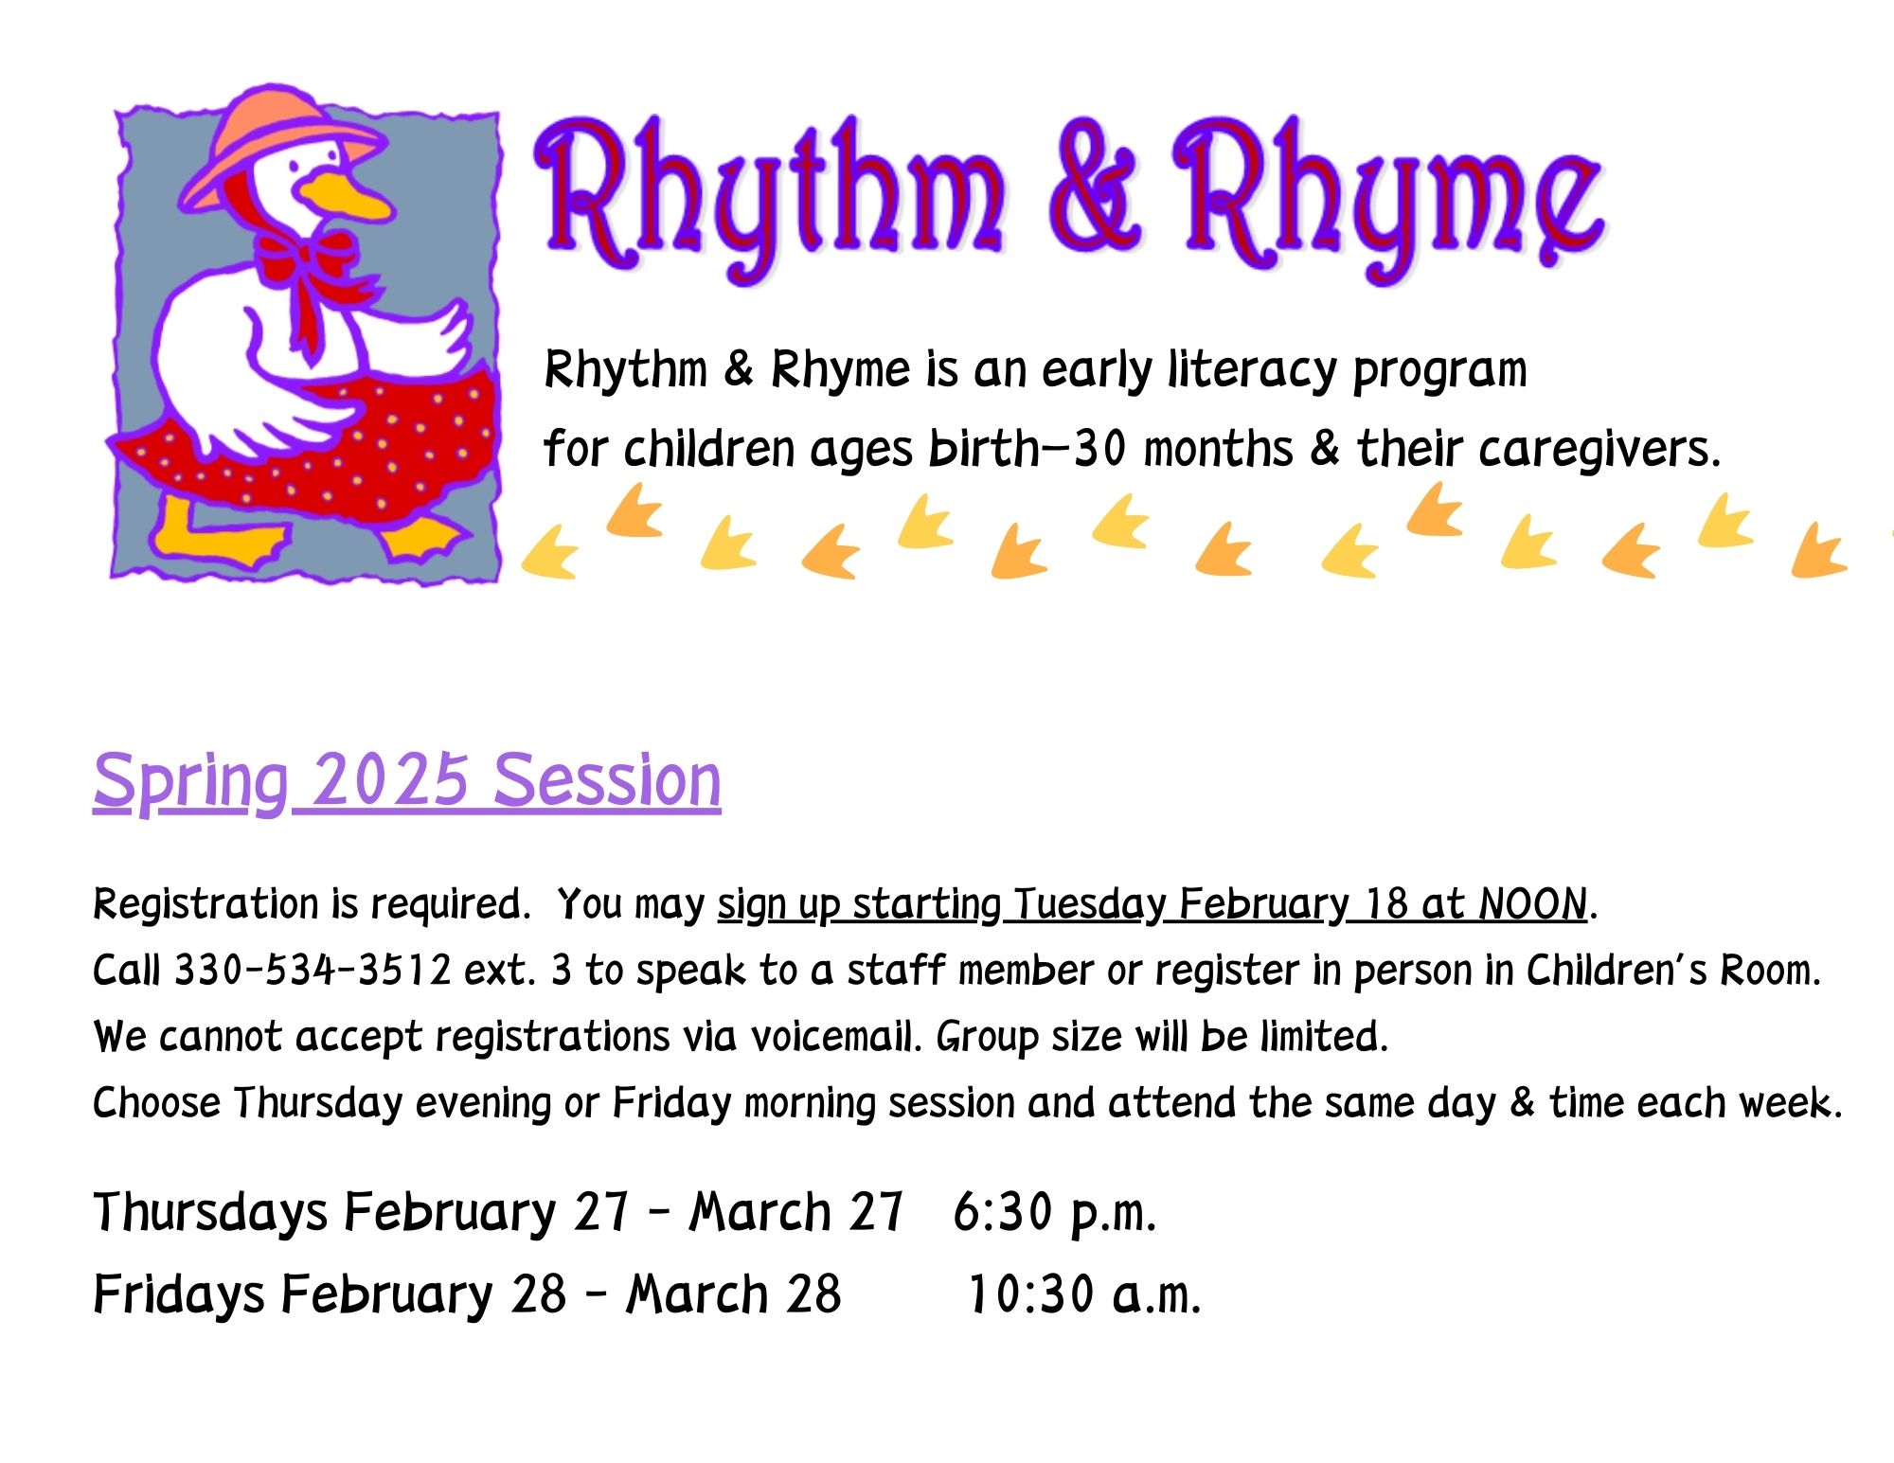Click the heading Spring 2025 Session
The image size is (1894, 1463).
(x=407, y=782)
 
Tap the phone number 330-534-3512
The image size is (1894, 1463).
(x=313, y=971)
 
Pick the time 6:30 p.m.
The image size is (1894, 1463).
(x=1054, y=1212)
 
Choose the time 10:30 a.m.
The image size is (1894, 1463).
(x=1083, y=1294)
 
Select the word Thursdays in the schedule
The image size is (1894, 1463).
(x=210, y=1213)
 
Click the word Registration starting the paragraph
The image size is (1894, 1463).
(x=205, y=905)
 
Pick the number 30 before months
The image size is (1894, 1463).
(x=1100, y=450)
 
